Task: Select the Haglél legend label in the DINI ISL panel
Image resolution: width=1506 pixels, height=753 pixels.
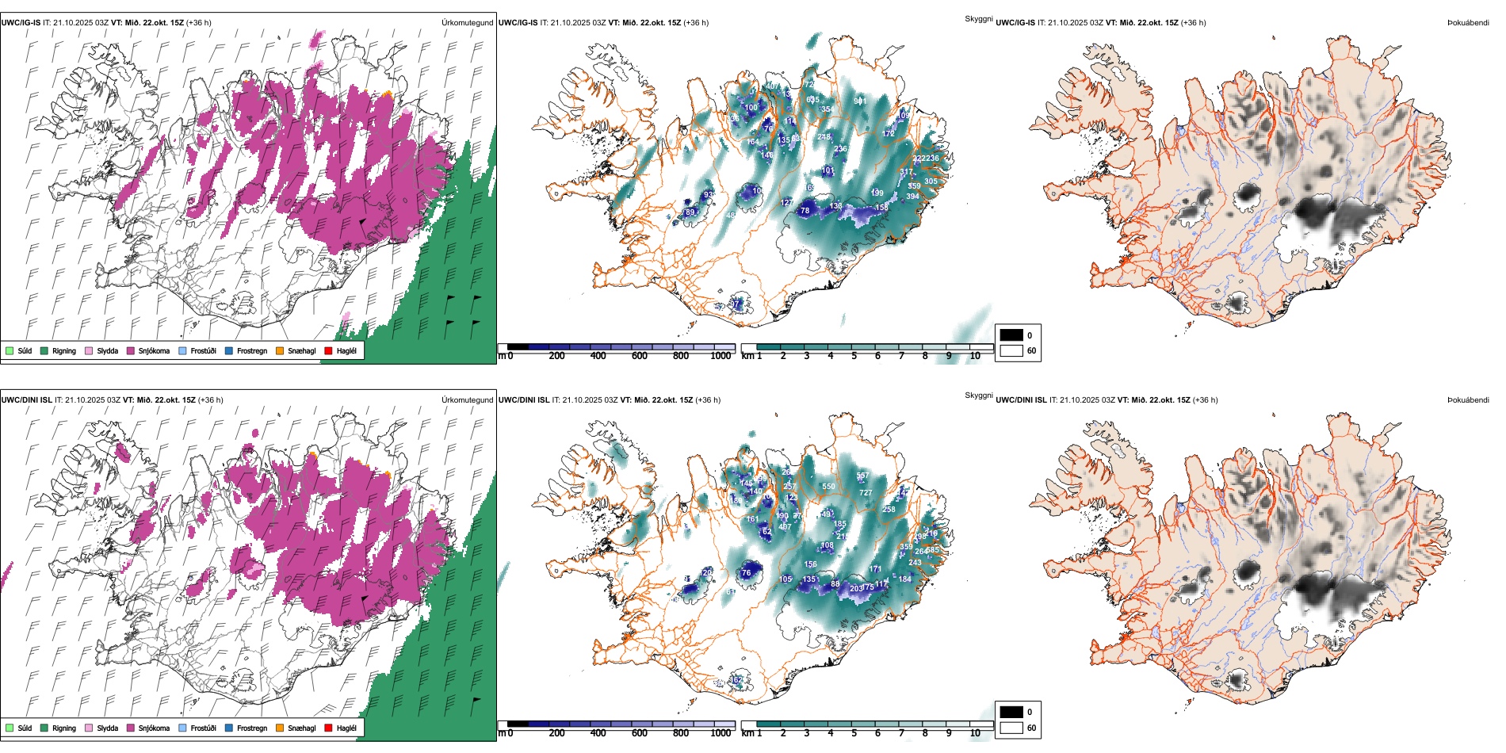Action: click(346, 728)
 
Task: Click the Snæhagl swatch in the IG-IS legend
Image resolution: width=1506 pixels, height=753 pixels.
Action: click(281, 350)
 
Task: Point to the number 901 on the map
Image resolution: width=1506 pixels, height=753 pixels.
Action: click(860, 101)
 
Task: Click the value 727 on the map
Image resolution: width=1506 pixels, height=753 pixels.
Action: click(866, 493)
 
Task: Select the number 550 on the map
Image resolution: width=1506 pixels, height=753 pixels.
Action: click(828, 487)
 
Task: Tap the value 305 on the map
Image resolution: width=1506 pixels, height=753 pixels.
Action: click(931, 181)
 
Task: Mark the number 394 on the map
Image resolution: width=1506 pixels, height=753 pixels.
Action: click(913, 197)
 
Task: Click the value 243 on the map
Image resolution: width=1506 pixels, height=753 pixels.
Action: click(915, 563)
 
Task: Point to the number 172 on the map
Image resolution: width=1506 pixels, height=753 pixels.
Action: click(889, 134)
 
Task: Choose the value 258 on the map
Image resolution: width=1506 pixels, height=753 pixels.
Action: click(889, 510)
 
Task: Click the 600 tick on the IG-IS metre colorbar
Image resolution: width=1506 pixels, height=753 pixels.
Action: click(640, 356)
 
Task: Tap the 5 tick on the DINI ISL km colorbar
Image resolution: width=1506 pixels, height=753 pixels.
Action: click(854, 733)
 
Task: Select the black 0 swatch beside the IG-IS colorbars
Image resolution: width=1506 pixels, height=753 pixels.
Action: click(1011, 334)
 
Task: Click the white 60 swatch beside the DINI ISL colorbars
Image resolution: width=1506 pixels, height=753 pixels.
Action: click(1011, 728)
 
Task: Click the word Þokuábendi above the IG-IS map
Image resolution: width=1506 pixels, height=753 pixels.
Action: click(1468, 23)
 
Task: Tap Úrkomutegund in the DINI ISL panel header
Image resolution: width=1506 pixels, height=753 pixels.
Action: click(467, 399)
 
